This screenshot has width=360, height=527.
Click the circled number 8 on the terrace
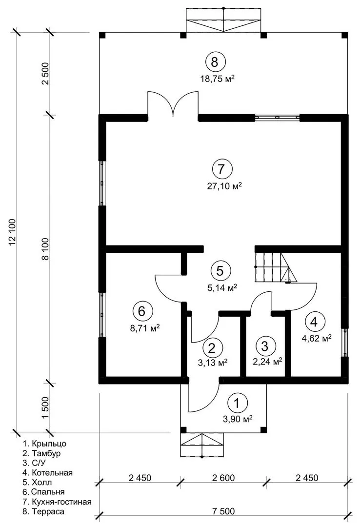click(x=215, y=62)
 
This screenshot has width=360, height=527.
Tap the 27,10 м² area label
click(x=224, y=186)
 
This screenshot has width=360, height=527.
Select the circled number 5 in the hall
click(x=220, y=270)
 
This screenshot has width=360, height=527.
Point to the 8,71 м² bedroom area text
click(x=145, y=328)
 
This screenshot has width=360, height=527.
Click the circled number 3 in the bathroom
click(x=265, y=346)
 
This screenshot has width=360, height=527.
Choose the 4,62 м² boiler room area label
click(x=317, y=338)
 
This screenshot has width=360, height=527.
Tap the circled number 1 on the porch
click(x=237, y=403)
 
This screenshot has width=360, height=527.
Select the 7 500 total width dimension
click(x=223, y=511)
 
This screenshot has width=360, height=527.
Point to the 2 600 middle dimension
click(x=223, y=478)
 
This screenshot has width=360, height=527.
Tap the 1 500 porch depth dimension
click(x=46, y=407)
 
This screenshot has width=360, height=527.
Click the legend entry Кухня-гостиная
click(x=58, y=502)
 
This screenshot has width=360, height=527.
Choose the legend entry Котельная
click(x=48, y=473)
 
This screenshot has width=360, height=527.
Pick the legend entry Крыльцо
click(x=45, y=444)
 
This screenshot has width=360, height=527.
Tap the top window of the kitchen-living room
click(x=277, y=118)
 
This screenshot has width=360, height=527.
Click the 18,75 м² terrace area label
click(x=217, y=80)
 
